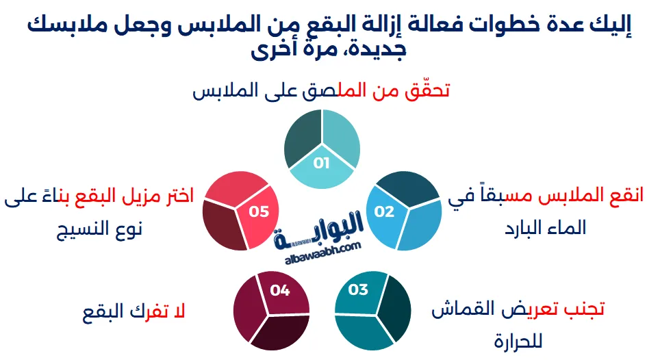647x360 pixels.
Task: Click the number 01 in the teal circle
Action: (321, 163)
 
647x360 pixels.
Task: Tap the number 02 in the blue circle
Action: (384, 211)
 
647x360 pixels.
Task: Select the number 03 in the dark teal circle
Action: (358, 290)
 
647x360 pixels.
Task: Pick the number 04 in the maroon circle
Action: (280, 290)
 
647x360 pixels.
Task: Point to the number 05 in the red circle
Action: (259, 211)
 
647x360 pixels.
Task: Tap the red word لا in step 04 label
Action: (180, 312)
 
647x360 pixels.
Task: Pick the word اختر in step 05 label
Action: (177, 197)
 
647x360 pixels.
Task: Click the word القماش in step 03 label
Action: (463, 309)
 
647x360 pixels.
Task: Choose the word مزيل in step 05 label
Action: (134, 197)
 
